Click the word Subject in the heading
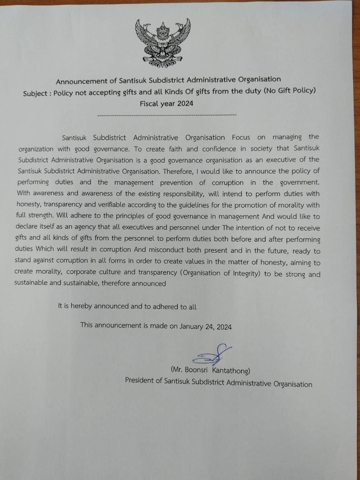click(x=35, y=94)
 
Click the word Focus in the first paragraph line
click(x=241, y=137)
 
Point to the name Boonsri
click(x=196, y=370)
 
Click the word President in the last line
click(x=139, y=380)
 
